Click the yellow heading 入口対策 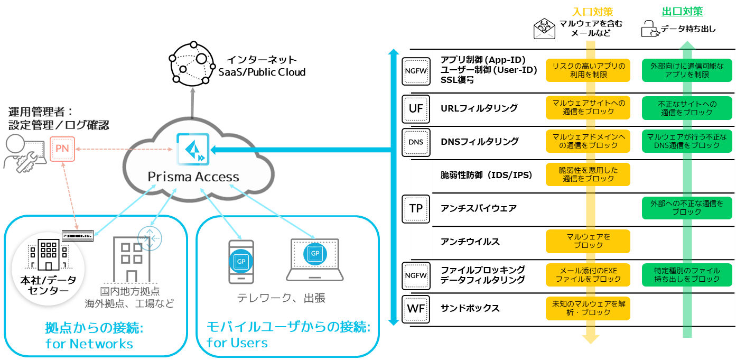592,12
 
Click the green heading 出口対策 682,12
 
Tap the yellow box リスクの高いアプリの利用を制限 588,70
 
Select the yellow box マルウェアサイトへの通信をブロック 588,107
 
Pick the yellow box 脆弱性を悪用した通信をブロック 588,174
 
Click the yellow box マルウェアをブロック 588,241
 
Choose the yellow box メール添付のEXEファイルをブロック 588,274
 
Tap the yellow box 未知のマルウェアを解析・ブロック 588,308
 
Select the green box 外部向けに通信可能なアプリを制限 686,70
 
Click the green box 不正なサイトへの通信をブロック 686,108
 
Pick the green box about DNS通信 686,141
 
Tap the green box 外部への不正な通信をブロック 686,207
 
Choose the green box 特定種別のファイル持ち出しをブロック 686,274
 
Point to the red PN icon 62,149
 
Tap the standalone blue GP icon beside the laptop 241,261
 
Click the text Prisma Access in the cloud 193,177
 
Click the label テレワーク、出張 281,298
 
